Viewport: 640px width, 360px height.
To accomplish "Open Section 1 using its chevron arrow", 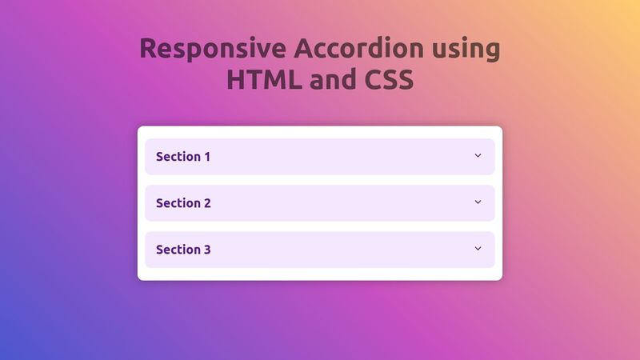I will [x=478, y=156].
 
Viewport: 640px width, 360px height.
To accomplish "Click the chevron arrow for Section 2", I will [x=478, y=202].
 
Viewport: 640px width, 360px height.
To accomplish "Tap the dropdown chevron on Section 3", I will [x=478, y=249].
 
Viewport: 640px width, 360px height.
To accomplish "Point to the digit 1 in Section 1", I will [x=207, y=157].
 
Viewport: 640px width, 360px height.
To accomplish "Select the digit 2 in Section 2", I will [x=207, y=203].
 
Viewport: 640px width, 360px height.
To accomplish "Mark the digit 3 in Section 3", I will [x=207, y=250].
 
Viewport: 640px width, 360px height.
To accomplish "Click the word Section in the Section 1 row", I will [x=178, y=157].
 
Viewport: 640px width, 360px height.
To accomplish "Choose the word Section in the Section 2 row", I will [x=178, y=203].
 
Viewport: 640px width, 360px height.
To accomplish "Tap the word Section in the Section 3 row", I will [x=178, y=250].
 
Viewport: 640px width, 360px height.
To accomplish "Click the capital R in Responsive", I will [x=150, y=49].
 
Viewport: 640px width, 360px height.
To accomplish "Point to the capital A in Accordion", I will [x=305, y=49].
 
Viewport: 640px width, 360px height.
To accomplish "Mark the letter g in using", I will [x=490, y=52].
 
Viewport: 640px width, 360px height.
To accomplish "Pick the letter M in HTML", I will [x=277, y=80].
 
